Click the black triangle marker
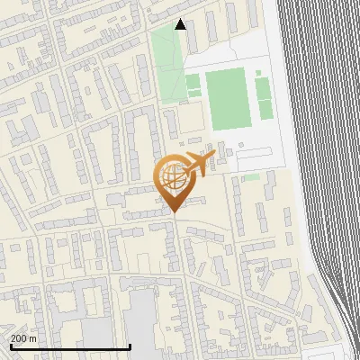pyautogui.click(x=180, y=24)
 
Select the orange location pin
pyautogui.click(x=175, y=181)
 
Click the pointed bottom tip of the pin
pyautogui.click(x=175, y=211)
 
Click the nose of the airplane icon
pyautogui.click(x=213, y=157)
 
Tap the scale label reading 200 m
pyautogui.click(x=24, y=338)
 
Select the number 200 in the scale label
pyautogui.click(x=20, y=338)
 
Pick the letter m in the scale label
pyautogui.click(x=34, y=338)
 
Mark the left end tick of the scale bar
pyautogui.click(x=10, y=345)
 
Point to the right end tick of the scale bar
pyautogui.click(x=130, y=345)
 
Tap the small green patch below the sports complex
pyautogui.click(x=252, y=177)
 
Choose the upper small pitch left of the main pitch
pyautogui.click(x=193, y=81)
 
